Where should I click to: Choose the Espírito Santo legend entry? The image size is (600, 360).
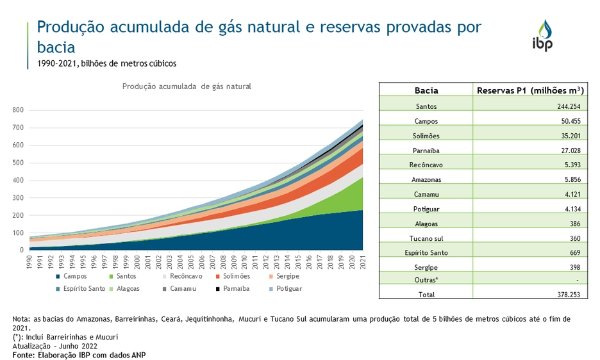pos(80,289)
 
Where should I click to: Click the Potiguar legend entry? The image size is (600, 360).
pos(285,289)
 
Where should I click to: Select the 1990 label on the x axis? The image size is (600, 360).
pos(30,263)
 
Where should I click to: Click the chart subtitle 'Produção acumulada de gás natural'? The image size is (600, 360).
pos(187,86)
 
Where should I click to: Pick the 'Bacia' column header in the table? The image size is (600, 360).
pos(426,90)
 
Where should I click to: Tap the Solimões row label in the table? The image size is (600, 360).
pos(426,135)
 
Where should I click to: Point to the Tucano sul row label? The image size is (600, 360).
pos(426,238)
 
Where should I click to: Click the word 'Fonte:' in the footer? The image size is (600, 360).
pos(24,354)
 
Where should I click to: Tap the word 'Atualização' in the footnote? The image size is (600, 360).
pos(33,346)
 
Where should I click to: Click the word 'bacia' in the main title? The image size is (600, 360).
pos(56,47)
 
